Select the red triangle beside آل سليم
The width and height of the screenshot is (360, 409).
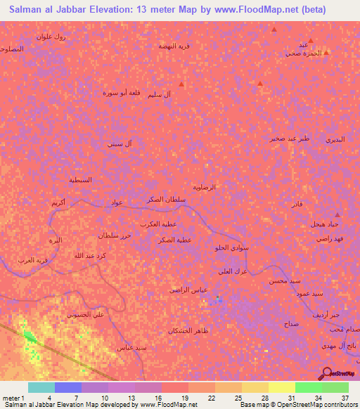[181, 84]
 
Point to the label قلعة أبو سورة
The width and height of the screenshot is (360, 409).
[120, 92]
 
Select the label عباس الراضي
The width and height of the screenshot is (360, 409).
[187, 290]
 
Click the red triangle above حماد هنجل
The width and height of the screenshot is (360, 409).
[337, 214]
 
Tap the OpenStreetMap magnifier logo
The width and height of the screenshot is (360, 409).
[328, 372]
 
